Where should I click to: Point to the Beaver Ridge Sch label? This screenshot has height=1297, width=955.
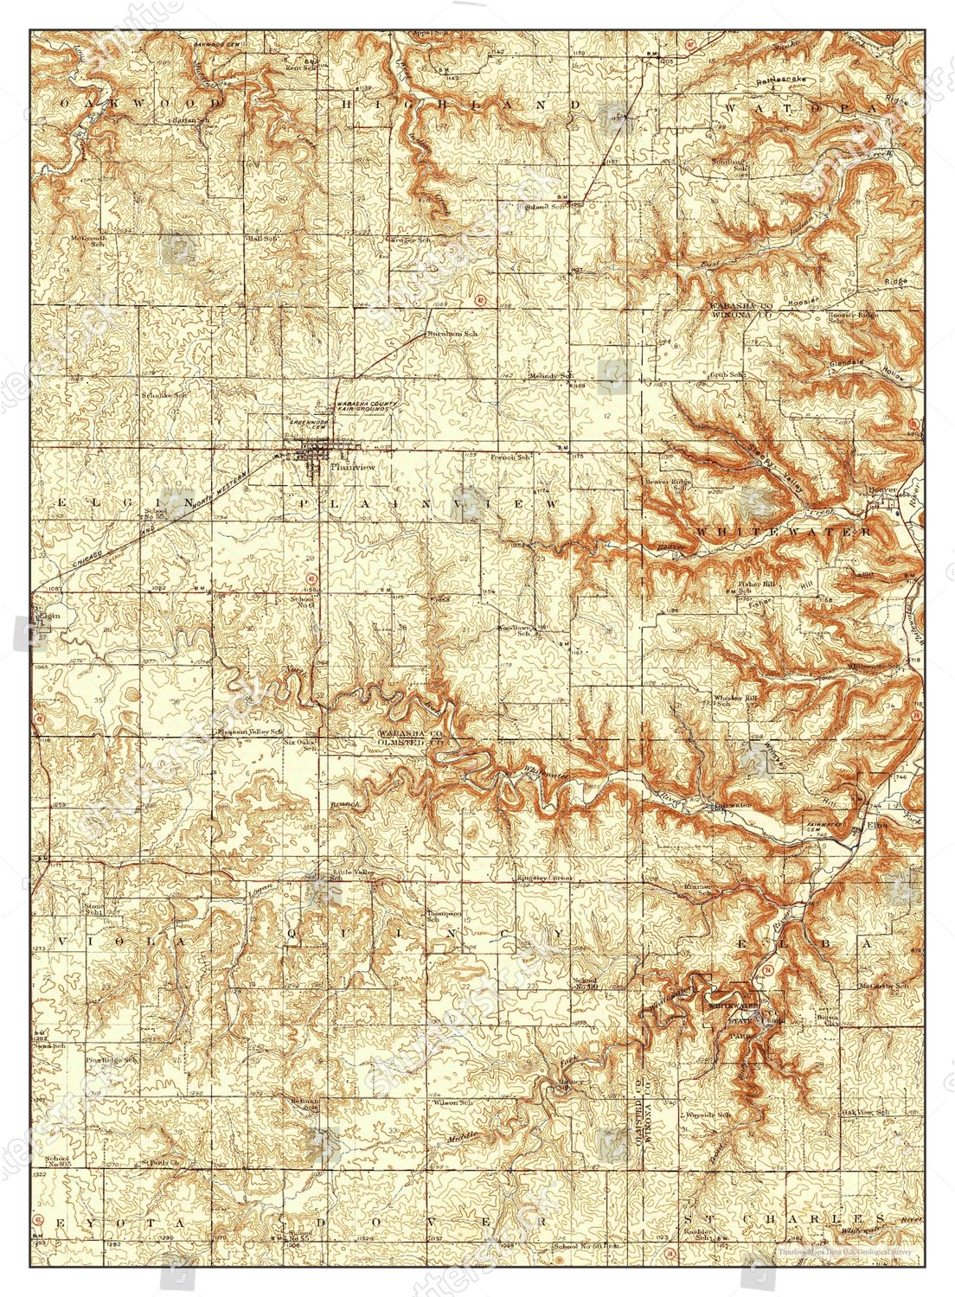click(x=667, y=484)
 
